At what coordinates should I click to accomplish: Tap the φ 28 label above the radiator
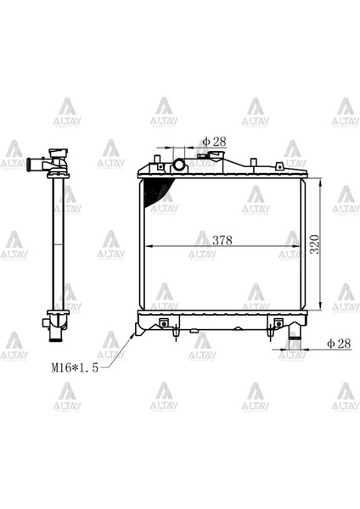(216, 141)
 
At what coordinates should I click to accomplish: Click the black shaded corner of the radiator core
(155, 189)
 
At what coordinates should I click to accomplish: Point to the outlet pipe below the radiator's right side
(296, 343)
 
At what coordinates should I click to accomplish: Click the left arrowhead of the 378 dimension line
(151, 246)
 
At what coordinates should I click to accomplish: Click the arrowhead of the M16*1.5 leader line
(133, 333)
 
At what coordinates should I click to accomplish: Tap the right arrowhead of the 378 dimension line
(301, 246)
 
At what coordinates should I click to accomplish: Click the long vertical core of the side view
(59, 246)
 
